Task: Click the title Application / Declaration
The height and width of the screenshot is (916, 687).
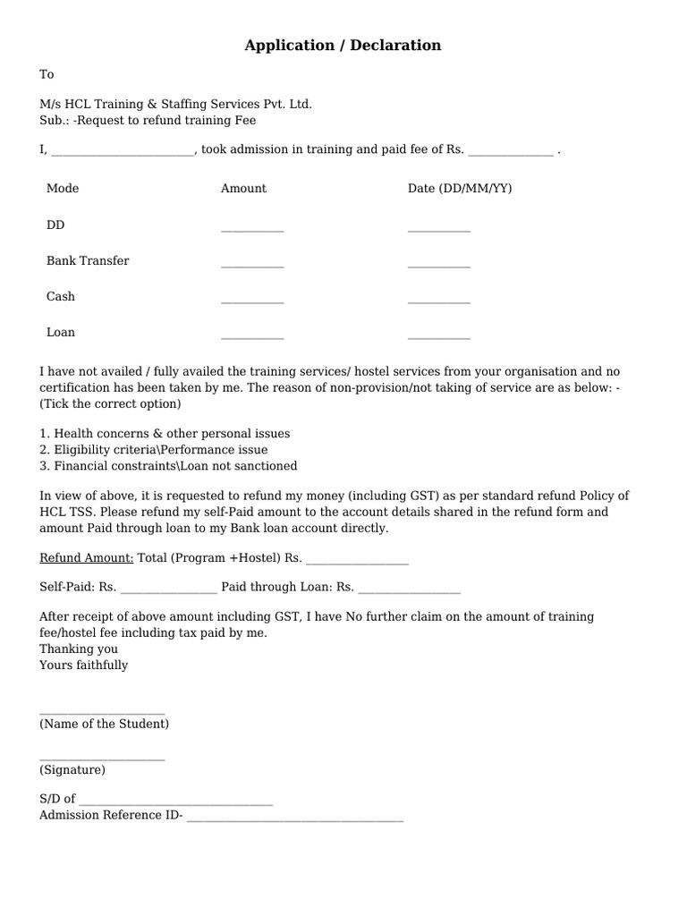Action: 343,46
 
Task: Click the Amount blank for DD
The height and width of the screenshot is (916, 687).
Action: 252,230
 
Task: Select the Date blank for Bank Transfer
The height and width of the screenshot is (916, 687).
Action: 438,266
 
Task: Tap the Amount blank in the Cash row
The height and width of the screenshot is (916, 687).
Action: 252,301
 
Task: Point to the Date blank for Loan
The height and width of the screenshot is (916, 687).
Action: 438,337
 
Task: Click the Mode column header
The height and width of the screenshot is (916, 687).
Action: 63,189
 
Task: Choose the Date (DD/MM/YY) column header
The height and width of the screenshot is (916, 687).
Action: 460,189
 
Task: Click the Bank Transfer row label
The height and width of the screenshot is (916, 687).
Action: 88,261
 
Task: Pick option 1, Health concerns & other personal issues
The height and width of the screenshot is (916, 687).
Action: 165,434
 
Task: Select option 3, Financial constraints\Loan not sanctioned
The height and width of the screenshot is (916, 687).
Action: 168,466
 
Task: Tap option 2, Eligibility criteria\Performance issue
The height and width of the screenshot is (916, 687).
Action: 153,450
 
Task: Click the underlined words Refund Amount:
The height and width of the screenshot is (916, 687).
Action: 87,558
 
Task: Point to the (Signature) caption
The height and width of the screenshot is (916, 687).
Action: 72,770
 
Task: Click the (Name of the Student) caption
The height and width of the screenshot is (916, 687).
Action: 104,724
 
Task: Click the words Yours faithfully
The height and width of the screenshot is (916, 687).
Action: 84,666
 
